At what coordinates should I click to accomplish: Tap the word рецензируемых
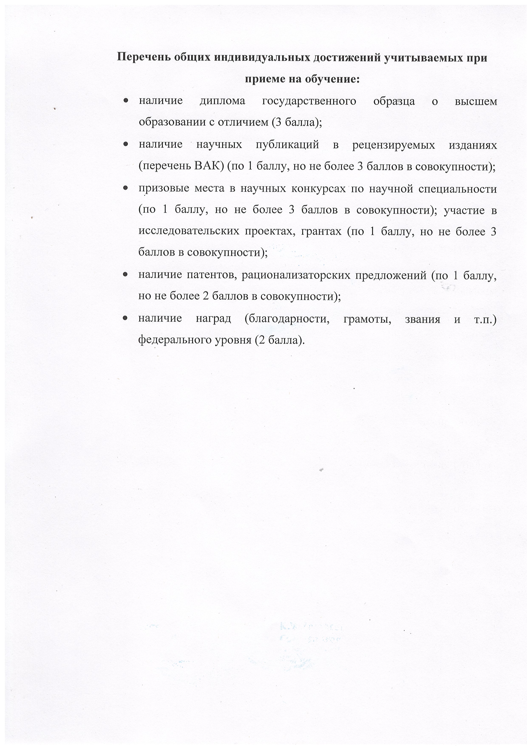[x=394, y=145]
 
